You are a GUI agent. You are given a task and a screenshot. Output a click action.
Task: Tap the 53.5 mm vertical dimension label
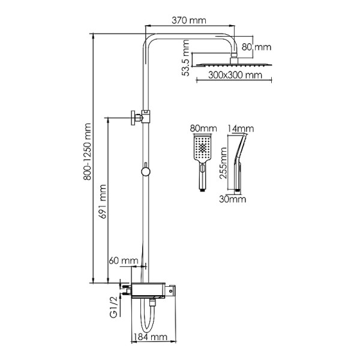(187, 58)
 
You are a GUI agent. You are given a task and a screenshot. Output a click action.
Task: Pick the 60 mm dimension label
(122, 260)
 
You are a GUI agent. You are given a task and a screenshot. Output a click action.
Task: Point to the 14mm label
(241, 128)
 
